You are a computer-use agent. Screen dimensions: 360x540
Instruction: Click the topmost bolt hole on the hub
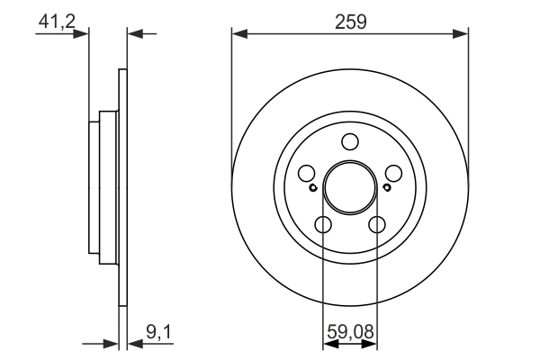[x=350, y=141]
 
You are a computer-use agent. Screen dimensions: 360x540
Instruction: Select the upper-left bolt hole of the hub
[x=306, y=174]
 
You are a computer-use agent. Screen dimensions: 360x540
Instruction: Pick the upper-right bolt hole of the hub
[x=394, y=174]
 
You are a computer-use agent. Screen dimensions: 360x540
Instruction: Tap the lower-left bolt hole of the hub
[x=323, y=225]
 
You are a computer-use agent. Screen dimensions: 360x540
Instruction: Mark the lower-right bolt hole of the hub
[x=377, y=225]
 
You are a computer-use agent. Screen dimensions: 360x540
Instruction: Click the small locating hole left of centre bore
[x=312, y=188]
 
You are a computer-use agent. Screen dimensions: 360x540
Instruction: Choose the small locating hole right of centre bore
[x=387, y=188]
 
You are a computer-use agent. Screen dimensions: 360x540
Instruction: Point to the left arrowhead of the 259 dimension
[x=238, y=34]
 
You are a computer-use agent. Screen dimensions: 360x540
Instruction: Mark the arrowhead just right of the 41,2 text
[x=84, y=34]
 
